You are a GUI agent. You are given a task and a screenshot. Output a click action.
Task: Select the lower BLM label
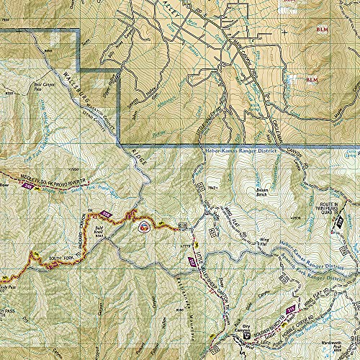(311, 79)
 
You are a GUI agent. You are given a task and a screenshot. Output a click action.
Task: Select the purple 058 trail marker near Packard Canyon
(107, 215)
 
